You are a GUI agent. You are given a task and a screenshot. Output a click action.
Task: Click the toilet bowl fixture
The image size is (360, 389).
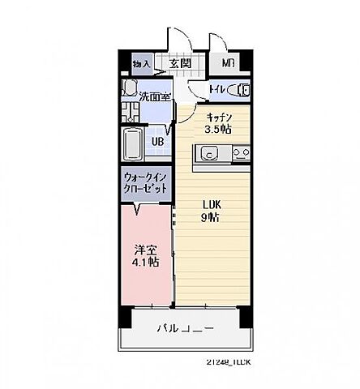click(240, 89)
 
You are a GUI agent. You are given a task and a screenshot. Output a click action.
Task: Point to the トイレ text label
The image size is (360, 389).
click(217, 89)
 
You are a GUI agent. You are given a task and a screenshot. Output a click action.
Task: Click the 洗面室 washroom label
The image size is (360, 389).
click(154, 96)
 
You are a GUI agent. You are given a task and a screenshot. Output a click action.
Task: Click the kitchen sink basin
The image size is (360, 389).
click(208, 152)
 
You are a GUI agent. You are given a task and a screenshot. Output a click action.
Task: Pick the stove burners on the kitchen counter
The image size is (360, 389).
click(240, 152)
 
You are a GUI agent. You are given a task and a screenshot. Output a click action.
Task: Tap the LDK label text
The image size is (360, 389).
click(212, 204)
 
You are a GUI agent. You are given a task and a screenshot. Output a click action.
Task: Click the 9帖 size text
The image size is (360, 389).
click(212, 217)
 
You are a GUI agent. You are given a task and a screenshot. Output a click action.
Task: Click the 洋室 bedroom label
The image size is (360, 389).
click(146, 250)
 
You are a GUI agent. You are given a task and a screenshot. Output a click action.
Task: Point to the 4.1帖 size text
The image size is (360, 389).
click(146, 263)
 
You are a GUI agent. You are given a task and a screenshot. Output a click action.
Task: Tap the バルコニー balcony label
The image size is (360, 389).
click(185, 330)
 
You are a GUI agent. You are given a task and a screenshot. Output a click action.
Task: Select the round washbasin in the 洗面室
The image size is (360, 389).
click(130, 88)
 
